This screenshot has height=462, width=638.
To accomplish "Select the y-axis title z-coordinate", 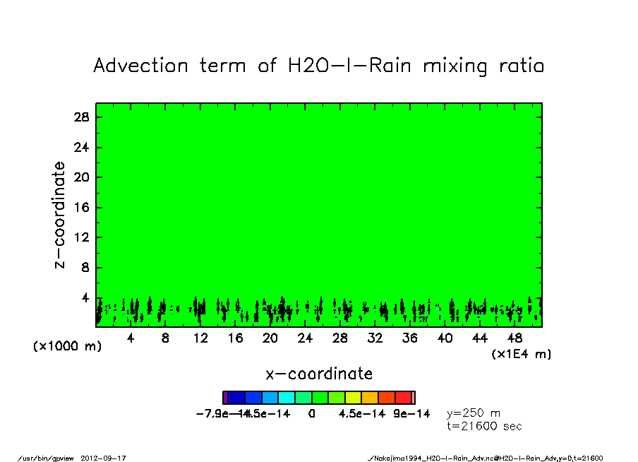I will point(61,214).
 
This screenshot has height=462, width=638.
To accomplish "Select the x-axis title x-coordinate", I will point(319,374).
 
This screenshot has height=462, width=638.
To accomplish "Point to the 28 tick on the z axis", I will point(83,117).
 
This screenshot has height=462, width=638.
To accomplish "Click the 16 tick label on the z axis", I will point(83,208).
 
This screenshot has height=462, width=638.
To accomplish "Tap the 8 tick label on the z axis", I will point(85,268).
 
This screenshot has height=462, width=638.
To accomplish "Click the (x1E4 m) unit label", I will point(521,354).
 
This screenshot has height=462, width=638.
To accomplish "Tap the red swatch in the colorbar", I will point(404,398).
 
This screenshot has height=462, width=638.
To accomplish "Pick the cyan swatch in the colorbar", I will point(287,398).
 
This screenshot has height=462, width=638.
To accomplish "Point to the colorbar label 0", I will point(311,414).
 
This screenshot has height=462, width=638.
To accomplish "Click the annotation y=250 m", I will point(474,413).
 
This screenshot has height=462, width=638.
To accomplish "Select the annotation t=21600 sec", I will point(485,426).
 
